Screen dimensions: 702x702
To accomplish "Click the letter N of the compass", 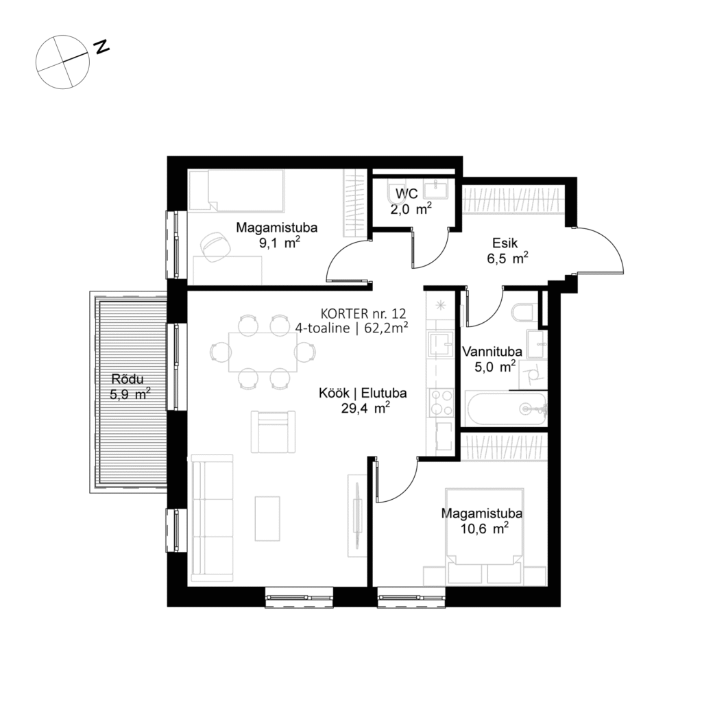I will [x=103, y=47].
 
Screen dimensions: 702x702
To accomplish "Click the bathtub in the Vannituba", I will [x=506, y=409].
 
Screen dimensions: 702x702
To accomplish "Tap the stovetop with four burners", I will [x=439, y=402].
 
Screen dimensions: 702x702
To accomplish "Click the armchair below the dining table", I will [x=273, y=431].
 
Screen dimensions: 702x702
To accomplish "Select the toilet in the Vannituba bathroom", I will [x=523, y=313].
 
